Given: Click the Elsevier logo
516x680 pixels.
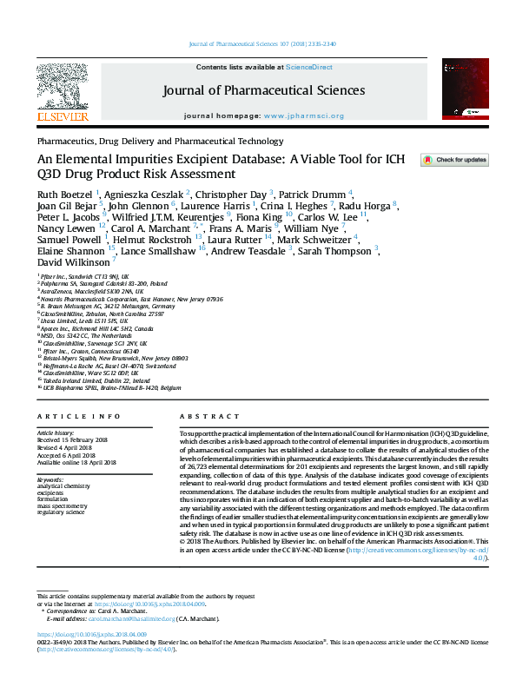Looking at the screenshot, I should [62, 90].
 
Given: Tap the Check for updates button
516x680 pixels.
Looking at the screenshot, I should [454, 161].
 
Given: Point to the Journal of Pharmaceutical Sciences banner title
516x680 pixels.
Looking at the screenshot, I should [264, 90].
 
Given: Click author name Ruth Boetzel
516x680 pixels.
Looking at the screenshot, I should [65, 194].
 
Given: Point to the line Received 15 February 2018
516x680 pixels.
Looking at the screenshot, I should [74, 439].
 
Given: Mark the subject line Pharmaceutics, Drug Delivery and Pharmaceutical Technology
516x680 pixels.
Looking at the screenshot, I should [160, 140].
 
